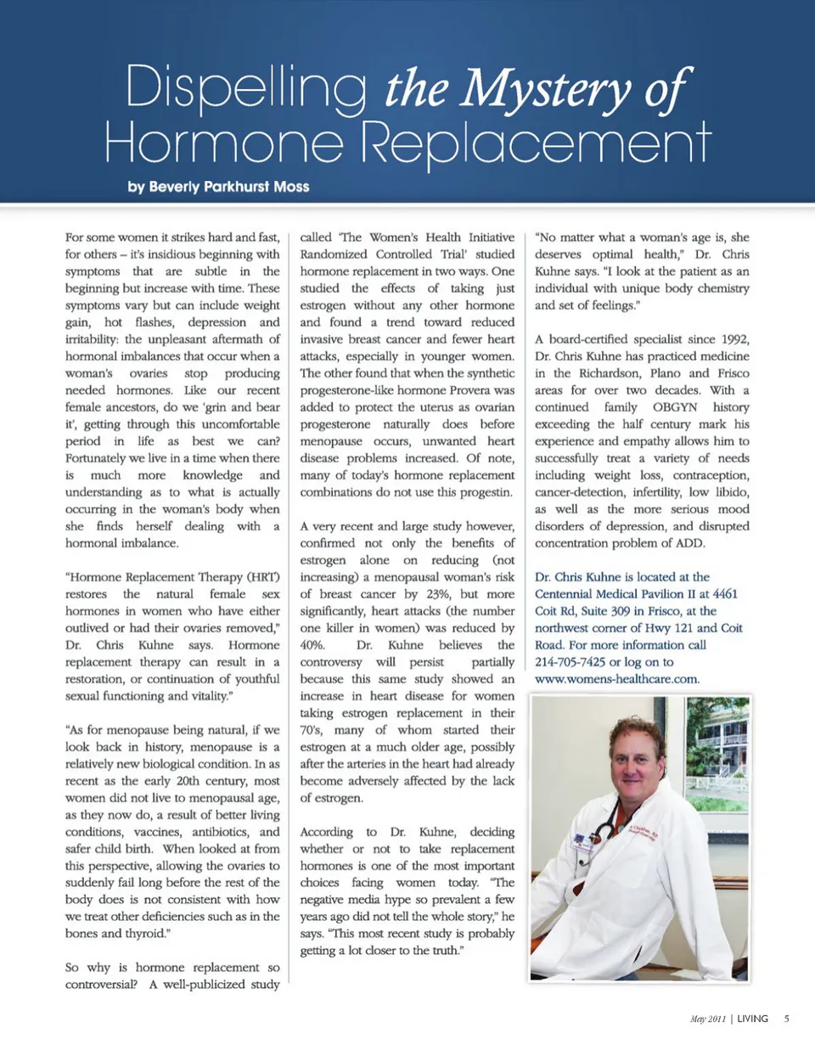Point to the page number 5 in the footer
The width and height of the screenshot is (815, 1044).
(787, 1019)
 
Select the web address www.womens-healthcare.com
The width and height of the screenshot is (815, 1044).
(616, 679)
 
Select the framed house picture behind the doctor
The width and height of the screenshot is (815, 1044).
(717, 747)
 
